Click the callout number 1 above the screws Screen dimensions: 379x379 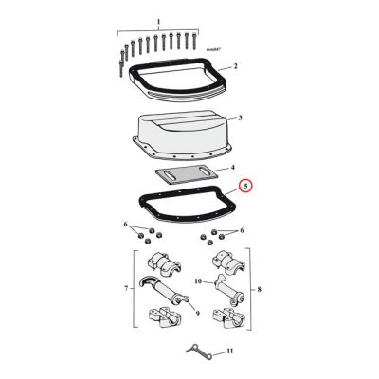[x=158, y=20]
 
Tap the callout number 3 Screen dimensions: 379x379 [x=241, y=118]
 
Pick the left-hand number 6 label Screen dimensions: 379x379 [x=125, y=226]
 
